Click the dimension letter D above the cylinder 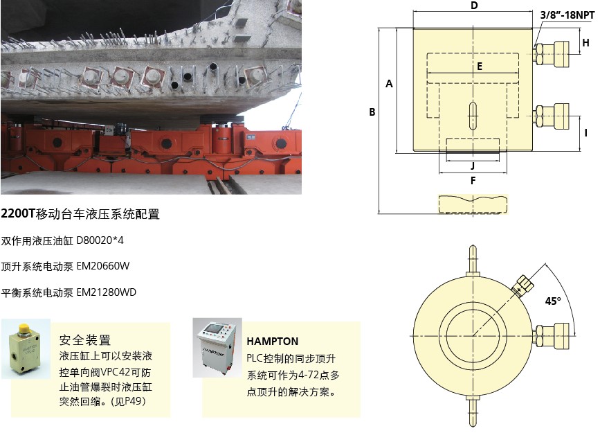tap(474, 6)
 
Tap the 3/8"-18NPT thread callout tap(567, 15)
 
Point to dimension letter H tap(586, 42)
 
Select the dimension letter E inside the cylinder tap(480, 67)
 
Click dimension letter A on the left tap(389, 84)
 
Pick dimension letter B tap(372, 112)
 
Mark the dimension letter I tap(586, 132)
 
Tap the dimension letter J tap(473, 166)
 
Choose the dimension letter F tap(473, 181)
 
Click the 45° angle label tap(553, 301)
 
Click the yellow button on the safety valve tap(24, 329)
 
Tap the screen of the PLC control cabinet tap(212, 330)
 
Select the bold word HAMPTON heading tap(273, 342)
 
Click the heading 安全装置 tap(85, 340)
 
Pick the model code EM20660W tap(103, 266)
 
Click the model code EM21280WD tap(107, 292)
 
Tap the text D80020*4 tap(100, 240)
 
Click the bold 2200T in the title tap(18, 214)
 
